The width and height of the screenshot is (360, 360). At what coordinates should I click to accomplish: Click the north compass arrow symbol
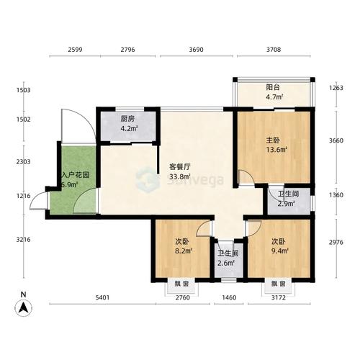23,305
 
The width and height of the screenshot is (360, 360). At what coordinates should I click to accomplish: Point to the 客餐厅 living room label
168,166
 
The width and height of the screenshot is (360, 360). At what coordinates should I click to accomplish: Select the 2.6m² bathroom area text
228,262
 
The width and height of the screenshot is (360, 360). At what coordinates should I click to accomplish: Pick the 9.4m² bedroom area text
279,252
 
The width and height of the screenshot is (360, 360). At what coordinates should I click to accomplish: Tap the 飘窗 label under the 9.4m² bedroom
279,284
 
